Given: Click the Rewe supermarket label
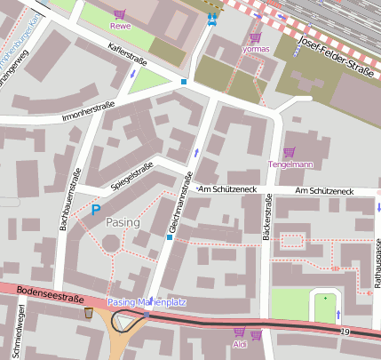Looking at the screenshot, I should pyautogui.click(x=120, y=26).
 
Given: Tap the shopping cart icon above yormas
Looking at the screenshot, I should pyautogui.click(x=256, y=37).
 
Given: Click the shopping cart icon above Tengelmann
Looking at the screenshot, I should pyautogui.click(x=289, y=152).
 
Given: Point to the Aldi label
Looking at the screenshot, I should pyautogui.click(x=239, y=344).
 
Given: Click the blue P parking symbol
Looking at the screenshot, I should pyautogui.click(x=96, y=210).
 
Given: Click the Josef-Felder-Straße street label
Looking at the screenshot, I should pyautogui.click(x=337, y=58).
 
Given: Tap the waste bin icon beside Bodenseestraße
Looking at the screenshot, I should pyautogui.click(x=88, y=313).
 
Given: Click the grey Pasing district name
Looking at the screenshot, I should pyautogui.click(x=123, y=220).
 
